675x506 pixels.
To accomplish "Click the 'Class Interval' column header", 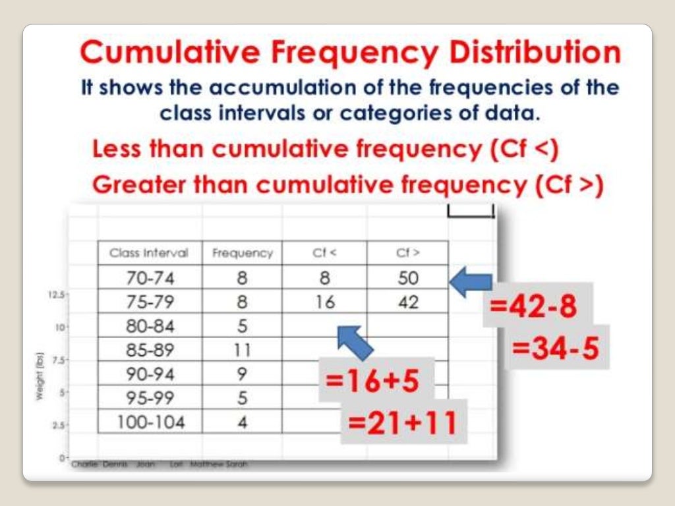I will tap(149, 253).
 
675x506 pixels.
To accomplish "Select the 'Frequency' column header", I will tap(242, 253).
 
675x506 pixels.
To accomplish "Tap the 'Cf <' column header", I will tap(324, 253).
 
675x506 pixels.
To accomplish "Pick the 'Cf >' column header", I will tap(407, 253).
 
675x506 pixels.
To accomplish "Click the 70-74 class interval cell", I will tap(150, 278).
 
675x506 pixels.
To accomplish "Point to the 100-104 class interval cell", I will tap(150, 422).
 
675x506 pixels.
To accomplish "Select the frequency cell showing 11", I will tap(242, 350).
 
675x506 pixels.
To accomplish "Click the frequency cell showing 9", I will tap(242, 374).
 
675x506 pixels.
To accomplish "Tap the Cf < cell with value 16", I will tap(324, 302).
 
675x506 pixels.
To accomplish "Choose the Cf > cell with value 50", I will tap(407, 278).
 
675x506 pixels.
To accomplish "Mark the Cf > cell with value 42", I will tap(407, 302).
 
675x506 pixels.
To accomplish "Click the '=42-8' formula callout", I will tap(533, 307).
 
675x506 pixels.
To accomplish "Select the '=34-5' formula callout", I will tap(557, 347).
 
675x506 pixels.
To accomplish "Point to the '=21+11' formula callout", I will tap(403, 422).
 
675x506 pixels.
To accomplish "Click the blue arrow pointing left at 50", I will tap(471, 281).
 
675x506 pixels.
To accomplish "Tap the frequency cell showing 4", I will tap(242, 422).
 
